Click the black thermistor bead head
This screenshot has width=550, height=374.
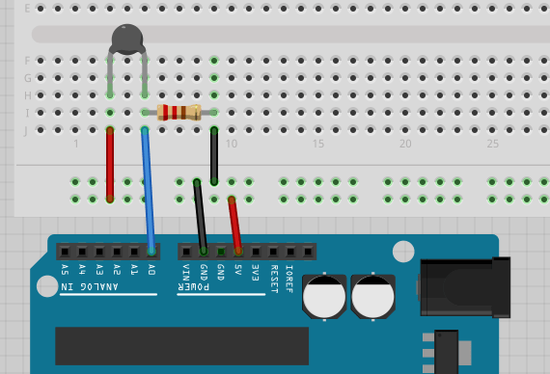pos(127,38)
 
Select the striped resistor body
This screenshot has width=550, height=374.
pos(179,112)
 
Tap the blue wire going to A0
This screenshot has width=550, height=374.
pos(147,188)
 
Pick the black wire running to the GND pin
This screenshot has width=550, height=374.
pos(200,216)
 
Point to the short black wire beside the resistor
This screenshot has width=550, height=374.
pos(213,154)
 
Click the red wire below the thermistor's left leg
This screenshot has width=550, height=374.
pos(110,164)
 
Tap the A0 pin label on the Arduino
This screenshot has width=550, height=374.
pos(151,271)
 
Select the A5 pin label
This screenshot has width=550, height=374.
pos(65,271)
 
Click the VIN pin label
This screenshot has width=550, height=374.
pos(186,273)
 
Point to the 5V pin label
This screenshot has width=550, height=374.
pos(238,271)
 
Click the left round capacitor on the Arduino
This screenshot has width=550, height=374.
pos(324,296)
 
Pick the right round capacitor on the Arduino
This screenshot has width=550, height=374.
pos(372,296)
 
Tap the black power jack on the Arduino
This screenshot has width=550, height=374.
pos(463,287)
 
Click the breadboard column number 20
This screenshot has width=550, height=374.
pos(405,144)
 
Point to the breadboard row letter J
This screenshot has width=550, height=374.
pos(27,130)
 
